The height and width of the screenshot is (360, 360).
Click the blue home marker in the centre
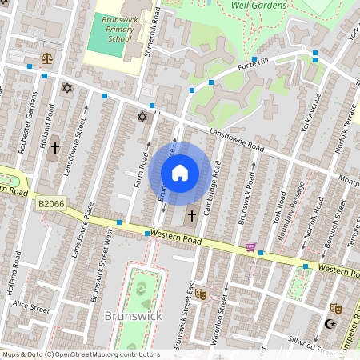180,173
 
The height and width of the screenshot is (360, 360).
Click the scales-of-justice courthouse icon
46,58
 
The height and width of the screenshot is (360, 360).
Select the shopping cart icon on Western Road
250,246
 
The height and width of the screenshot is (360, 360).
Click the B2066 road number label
51,205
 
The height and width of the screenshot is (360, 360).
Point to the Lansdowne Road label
237,140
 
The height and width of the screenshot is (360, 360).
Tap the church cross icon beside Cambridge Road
192,216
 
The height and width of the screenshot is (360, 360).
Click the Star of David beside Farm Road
143,118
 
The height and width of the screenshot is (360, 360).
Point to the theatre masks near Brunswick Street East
201,294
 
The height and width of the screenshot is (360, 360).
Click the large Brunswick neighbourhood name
134,316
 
